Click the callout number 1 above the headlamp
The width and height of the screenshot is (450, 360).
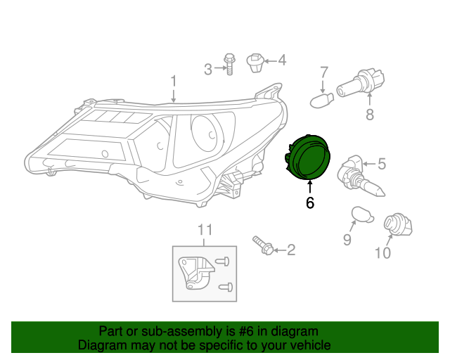click(173, 83)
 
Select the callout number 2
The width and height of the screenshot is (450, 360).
click(290, 250)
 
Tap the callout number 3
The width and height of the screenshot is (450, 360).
click(208, 69)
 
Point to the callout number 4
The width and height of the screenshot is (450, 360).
click(282, 60)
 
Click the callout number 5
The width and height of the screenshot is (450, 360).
click(382, 165)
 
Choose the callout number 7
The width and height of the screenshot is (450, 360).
click(324, 72)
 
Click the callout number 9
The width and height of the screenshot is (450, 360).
click(347, 240)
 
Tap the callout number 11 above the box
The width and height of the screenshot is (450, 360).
click(204, 230)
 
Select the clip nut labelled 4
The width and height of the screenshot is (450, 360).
click(257, 63)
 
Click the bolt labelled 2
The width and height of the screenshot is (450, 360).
click(262, 245)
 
